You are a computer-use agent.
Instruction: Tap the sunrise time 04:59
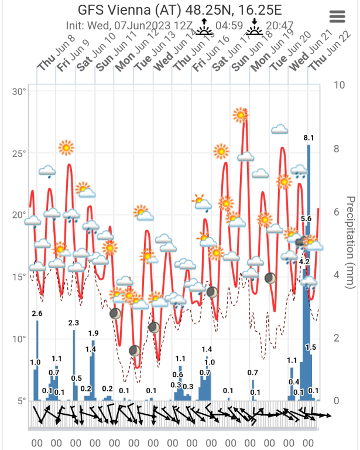229,26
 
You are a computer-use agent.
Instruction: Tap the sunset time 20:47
279,26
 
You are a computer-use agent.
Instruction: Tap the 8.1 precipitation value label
309,138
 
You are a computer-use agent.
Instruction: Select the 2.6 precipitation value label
37,314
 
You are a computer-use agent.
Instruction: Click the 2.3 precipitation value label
74,323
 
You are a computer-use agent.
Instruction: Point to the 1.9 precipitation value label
93,333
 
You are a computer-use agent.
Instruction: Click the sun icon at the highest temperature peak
240,115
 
